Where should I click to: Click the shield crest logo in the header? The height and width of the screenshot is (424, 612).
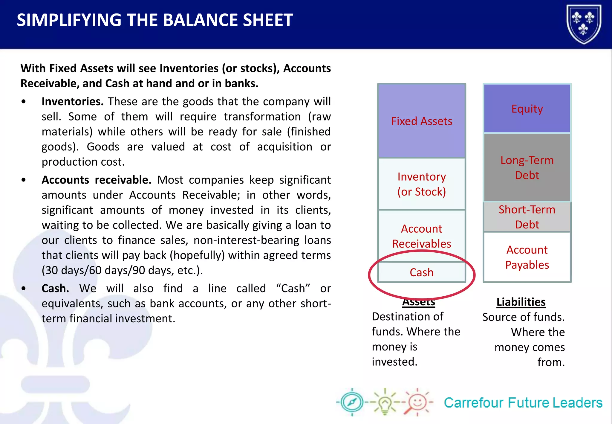click(x=584, y=24)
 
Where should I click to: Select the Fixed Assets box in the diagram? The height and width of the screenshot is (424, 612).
click(x=421, y=121)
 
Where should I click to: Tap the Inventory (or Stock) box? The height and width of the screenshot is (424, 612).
click(x=421, y=184)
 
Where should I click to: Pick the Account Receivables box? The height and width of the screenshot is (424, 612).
click(x=421, y=236)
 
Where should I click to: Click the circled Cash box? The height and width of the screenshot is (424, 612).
click(x=421, y=272)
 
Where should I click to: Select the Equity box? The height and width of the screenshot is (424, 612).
click(x=527, y=109)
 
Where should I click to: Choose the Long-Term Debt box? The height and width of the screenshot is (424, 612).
click(x=527, y=167)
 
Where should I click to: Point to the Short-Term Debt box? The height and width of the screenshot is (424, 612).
click(x=527, y=217)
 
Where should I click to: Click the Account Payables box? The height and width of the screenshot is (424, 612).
click(x=527, y=257)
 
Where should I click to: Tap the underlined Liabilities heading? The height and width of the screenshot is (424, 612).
click(x=521, y=302)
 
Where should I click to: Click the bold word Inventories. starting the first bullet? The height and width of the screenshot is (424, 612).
click(x=72, y=102)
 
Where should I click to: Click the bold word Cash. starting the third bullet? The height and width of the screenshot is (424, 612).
click(x=55, y=289)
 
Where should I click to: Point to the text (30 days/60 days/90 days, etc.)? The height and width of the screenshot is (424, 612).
click(x=122, y=270)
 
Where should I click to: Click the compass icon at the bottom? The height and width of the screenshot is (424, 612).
click(x=352, y=402)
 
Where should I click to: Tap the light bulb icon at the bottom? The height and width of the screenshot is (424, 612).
click(x=385, y=402)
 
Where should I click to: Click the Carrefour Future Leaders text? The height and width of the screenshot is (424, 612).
click(x=523, y=403)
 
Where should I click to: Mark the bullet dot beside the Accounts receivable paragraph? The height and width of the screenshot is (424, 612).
click(x=24, y=180)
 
